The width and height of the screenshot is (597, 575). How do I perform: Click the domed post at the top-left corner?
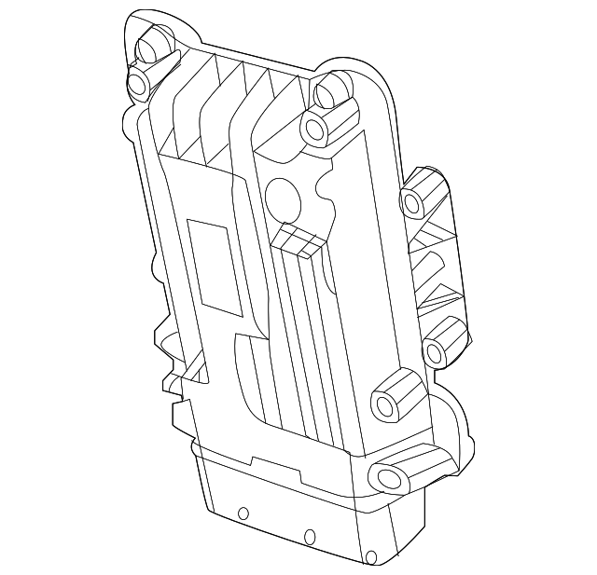153,43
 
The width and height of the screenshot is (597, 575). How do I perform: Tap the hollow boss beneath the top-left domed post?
140,84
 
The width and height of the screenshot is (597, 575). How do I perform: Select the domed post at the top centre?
331,90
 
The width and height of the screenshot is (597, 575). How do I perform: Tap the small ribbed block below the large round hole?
298,241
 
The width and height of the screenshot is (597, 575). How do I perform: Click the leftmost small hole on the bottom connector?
243,513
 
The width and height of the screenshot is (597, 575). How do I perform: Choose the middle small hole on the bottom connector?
308,535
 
